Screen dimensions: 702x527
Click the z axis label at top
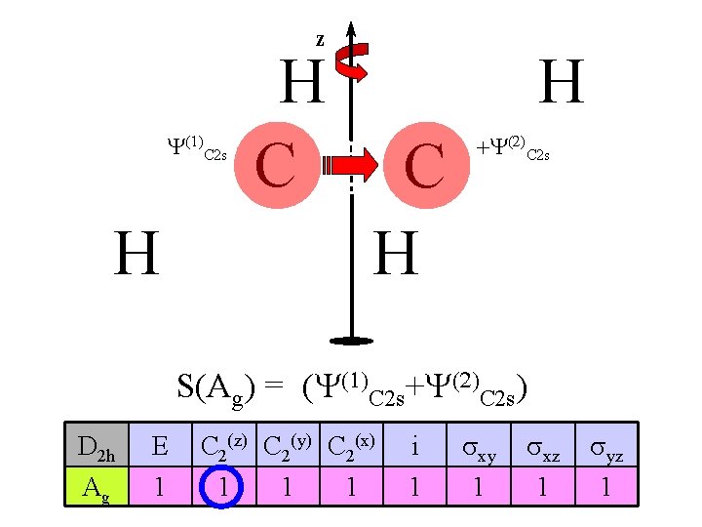pos(320,40)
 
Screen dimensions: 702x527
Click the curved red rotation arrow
pos(348,66)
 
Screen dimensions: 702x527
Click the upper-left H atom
pos(301,84)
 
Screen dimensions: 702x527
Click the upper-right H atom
pos(562,84)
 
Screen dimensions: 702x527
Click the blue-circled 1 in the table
pos(224,486)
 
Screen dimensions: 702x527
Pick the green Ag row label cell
pos(96,486)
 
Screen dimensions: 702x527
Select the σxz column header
pos(543,448)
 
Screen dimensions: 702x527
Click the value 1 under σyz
pos(605,486)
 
